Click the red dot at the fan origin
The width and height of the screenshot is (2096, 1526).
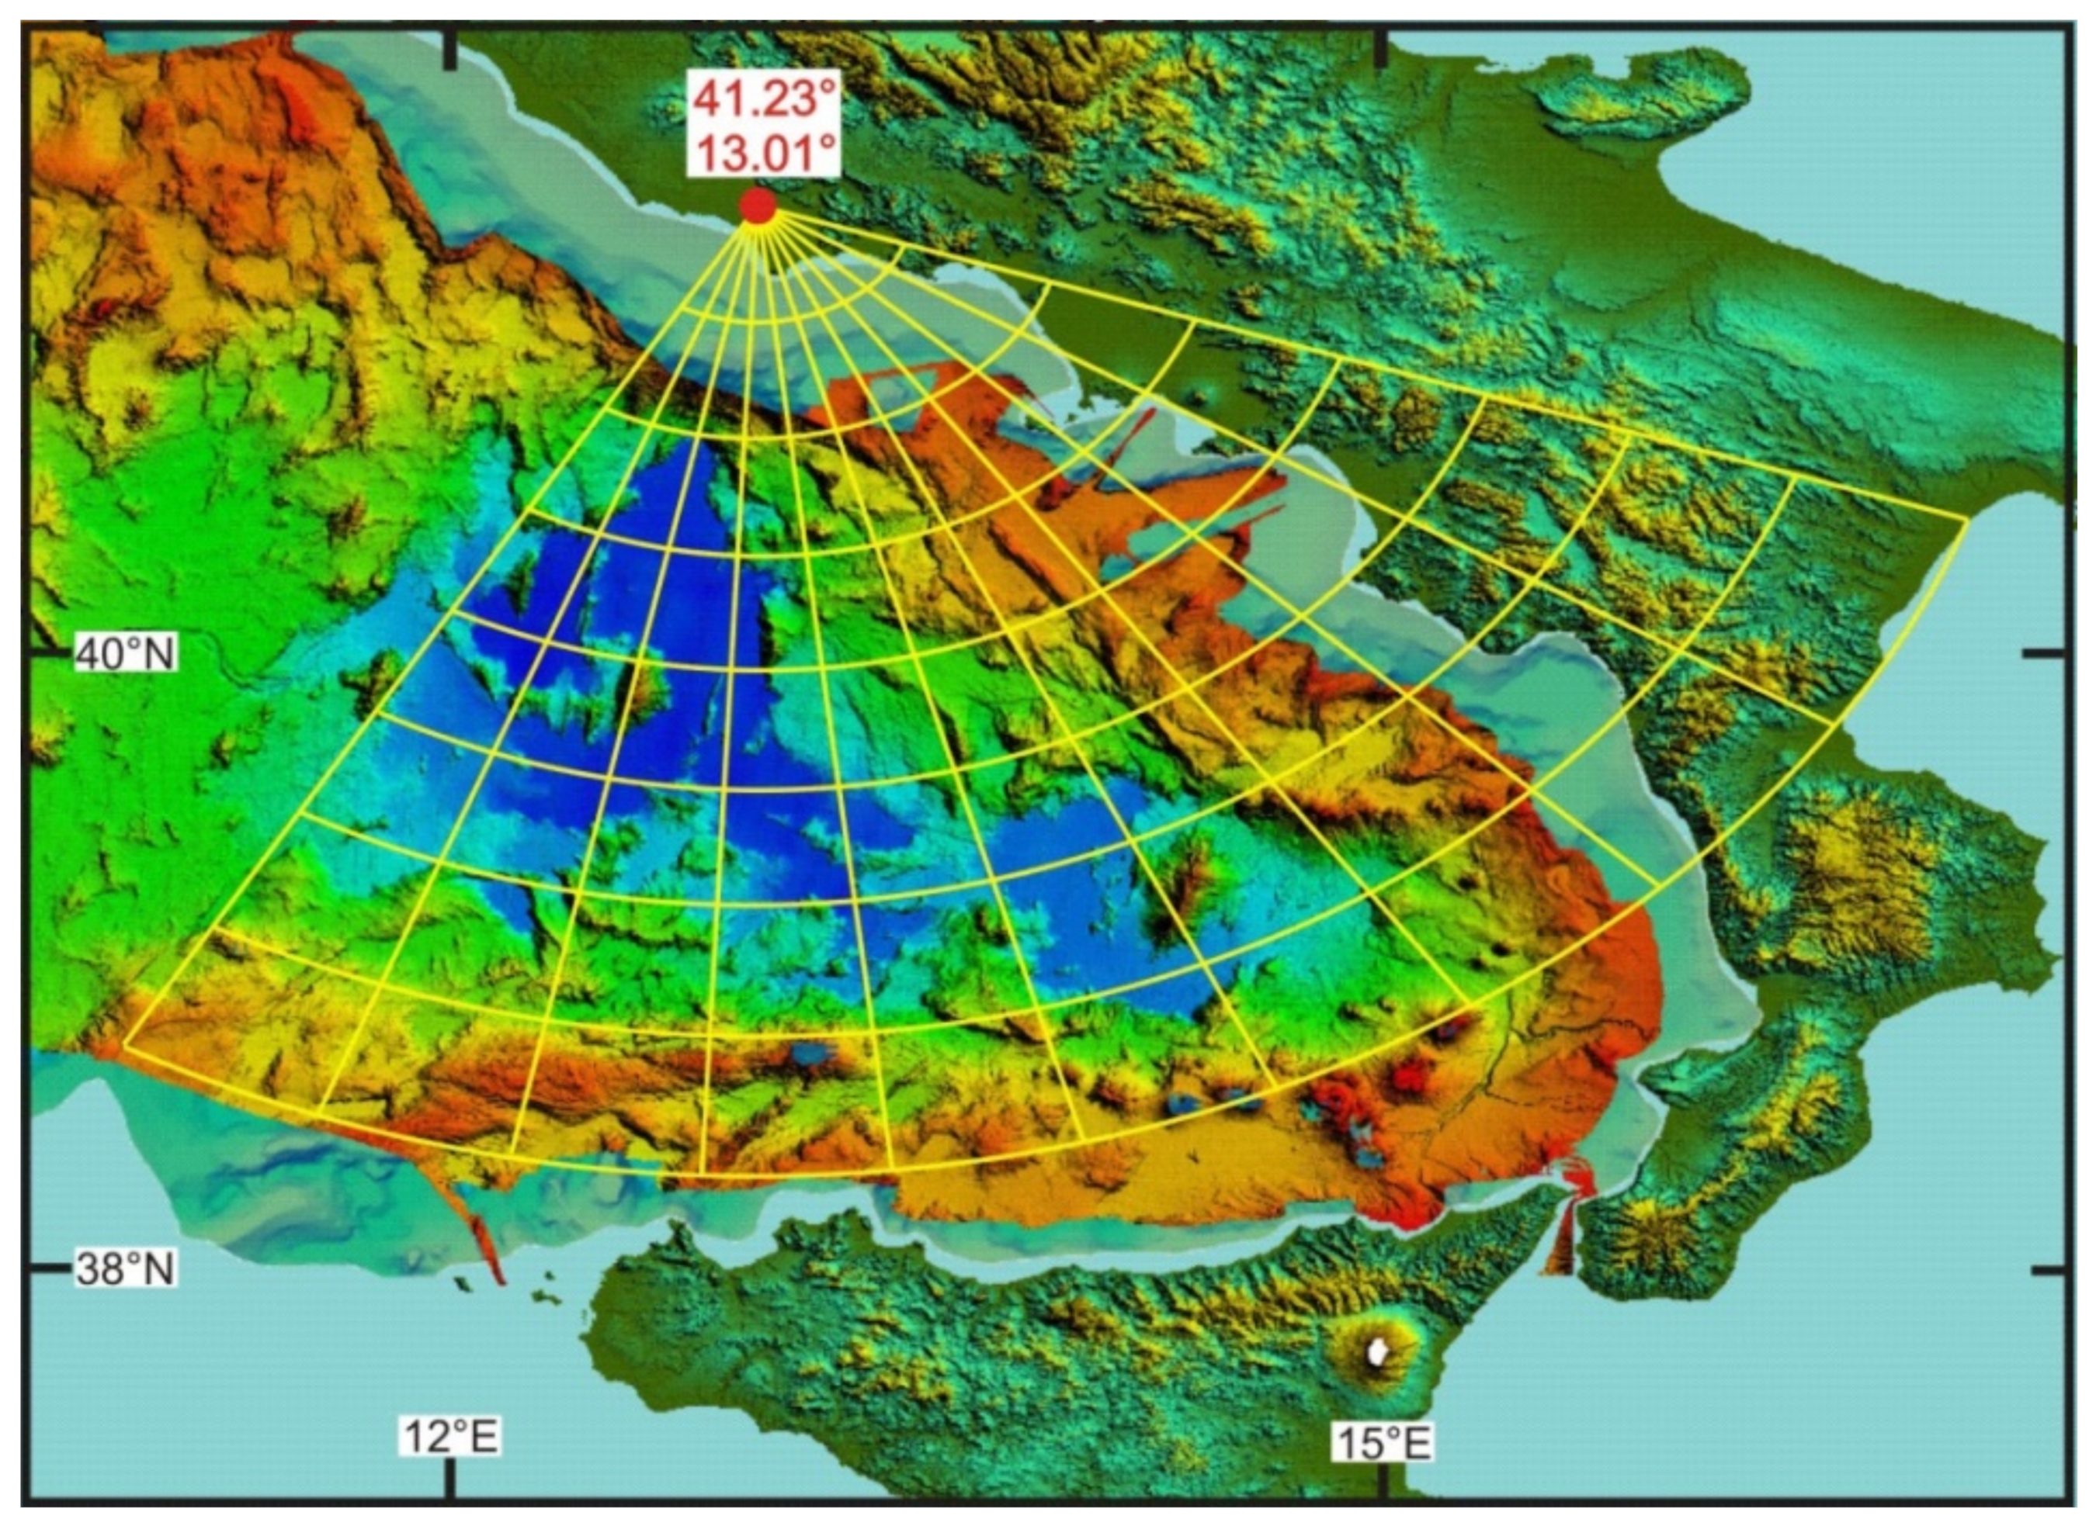[x=758, y=206]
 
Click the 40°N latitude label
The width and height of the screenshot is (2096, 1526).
[x=125, y=654]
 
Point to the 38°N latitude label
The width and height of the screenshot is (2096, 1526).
[x=125, y=1269]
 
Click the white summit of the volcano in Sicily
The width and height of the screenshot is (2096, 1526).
[x=1378, y=1352]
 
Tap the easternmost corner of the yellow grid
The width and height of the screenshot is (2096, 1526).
[x=1966, y=519]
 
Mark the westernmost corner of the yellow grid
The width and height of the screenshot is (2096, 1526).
[x=123, y=1046]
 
